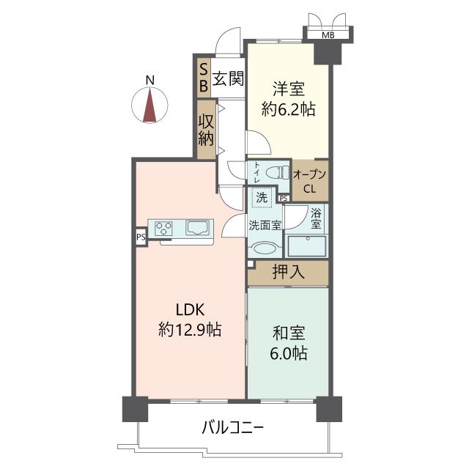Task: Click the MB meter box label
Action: point(328,35)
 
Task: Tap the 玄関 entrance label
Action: point(228,78)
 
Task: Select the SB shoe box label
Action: point(204,78)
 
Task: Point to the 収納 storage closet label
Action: point(206,130)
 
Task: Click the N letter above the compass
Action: point(149,81)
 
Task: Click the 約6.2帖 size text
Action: point(288,109)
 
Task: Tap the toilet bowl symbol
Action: point(277,173)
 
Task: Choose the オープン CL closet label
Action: point(309,181)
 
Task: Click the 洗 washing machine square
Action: point(262,197)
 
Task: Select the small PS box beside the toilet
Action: point(284,198)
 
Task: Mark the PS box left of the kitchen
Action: point(141,237)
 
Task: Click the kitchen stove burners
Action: point(163,229)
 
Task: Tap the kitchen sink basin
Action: point(197,228)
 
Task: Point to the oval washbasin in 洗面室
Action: point(265,248)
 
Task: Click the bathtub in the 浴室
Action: point(306,246)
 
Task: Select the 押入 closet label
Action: point(289,272)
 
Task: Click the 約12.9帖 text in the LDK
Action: point(190,330)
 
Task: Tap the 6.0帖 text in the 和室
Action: point(289,353)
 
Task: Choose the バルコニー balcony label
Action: point(233,428)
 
